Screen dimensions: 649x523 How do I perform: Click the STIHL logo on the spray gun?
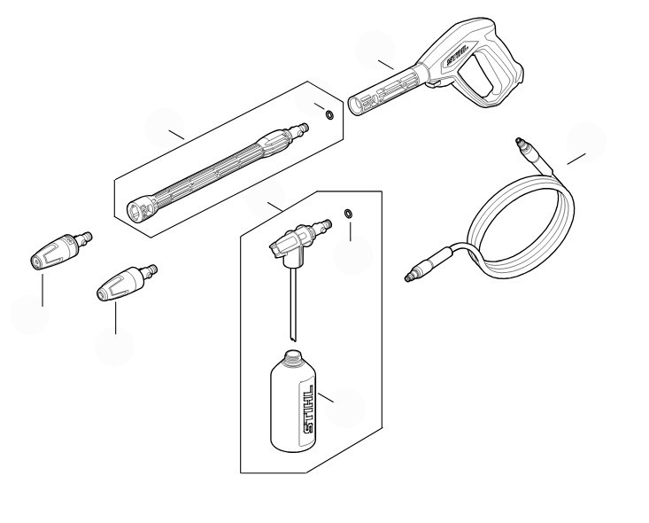click(x=458, y=56)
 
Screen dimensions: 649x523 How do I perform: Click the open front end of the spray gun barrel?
click(x=354, y=105)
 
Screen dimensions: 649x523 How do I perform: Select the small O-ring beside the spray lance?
click(x=329, y=115)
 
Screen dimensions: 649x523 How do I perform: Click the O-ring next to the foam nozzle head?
click(x=349, y=214)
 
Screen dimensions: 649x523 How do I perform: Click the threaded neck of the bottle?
click(x=293, y=356)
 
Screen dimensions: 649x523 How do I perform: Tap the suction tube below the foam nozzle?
click(x=293, y=305)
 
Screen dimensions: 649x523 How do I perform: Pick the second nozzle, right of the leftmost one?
click(x=126, y=283)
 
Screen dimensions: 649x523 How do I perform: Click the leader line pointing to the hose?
click(x=576, y=159)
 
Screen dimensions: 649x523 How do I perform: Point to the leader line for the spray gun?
click(x=386, y=65)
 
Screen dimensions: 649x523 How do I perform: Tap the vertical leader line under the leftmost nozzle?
click(x=42, y=289)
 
